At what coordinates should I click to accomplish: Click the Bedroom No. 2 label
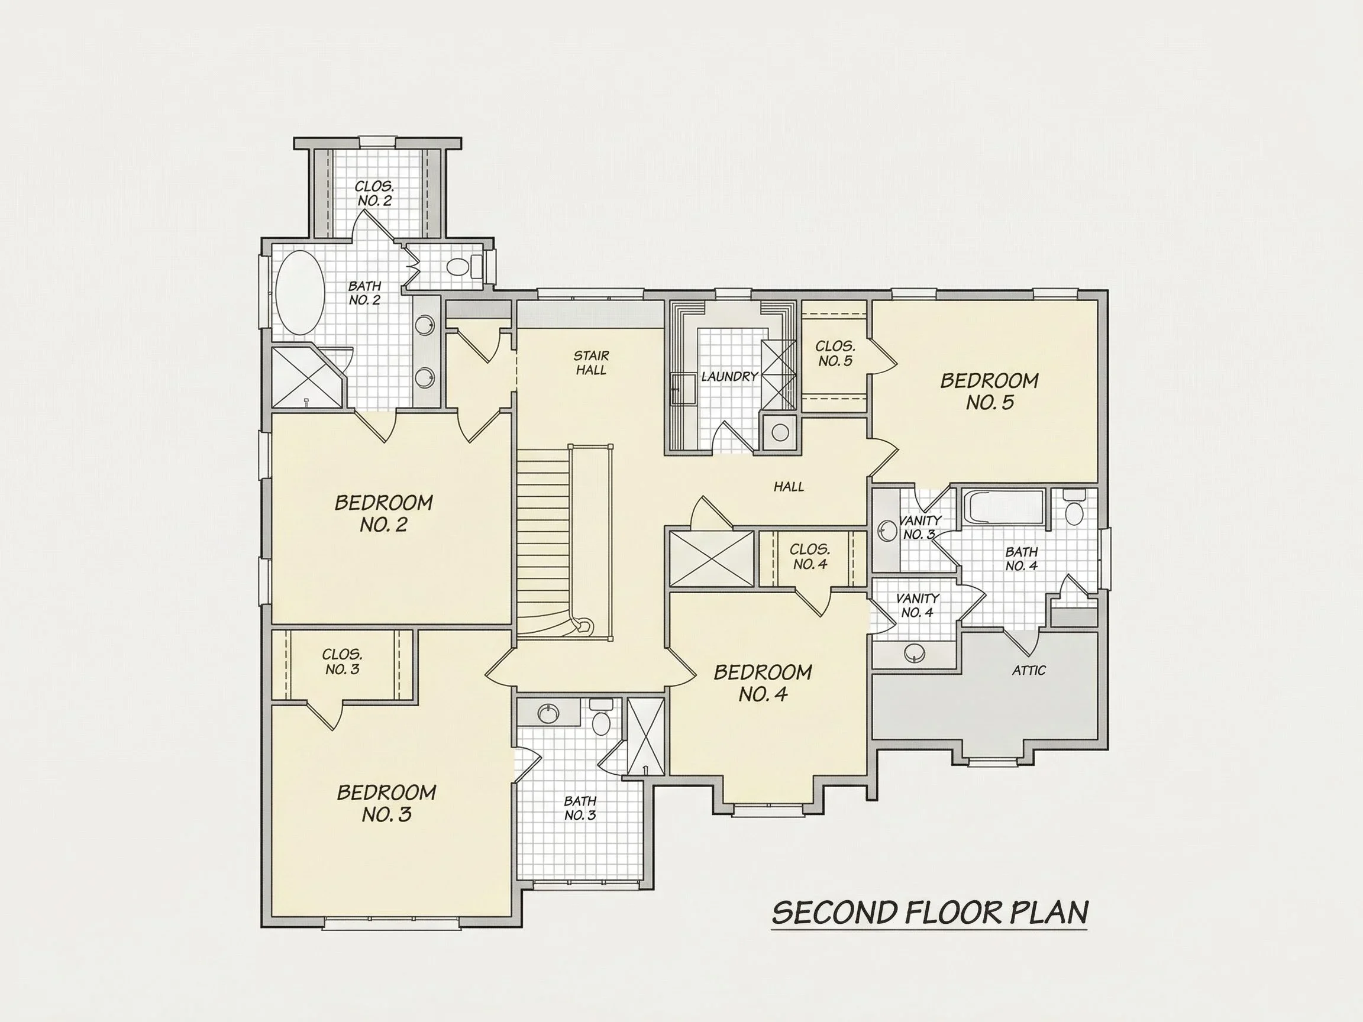click(383, 513)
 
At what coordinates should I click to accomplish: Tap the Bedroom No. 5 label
click(989, 391)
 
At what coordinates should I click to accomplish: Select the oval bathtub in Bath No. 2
click(299, 293)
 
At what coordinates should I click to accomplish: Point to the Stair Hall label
click(591, 363)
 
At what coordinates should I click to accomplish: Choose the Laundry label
click(729, 376)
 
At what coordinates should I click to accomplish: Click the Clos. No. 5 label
click(835, 354)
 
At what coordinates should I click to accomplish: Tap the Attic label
click(1028, 670)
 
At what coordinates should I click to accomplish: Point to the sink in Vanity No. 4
click(915, 652)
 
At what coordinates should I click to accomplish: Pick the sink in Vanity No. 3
click(887, 531)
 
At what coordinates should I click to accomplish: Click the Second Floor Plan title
click(929, 913)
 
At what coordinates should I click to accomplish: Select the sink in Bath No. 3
click(548, 713)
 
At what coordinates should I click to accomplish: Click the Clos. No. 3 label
click(342, 662)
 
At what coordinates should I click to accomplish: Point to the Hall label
click(789, 487)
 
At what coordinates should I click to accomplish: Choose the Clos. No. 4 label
click(810, 557)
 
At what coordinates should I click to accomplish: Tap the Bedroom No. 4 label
click(763, 683)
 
